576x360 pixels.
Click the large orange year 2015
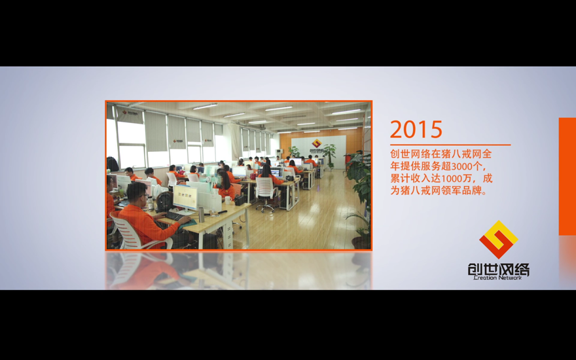[x=416, y=130]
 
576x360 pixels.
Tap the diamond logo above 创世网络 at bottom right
[x=499, y=240]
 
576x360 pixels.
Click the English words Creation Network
[x=497, y=278]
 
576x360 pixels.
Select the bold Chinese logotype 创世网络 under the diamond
[x=499, y=269]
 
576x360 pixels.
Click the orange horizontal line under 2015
[x=450, y=145]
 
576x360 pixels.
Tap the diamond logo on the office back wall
[x=316, y=143]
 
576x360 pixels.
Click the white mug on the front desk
[x=228, y=200]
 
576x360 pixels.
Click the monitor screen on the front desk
[x=185, y=197]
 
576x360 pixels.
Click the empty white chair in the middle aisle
[x=266, y=193]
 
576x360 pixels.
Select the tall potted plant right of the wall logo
[x=329, y=155]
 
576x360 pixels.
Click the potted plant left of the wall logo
[x=295, y=151]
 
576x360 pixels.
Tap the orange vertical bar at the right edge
[x=567, y=176]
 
